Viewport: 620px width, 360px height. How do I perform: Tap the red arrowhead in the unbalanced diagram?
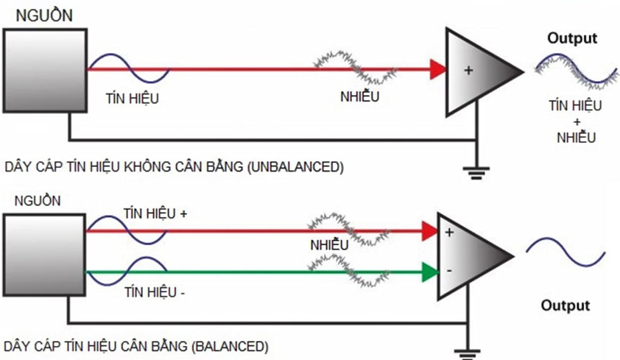[x=437, y=71]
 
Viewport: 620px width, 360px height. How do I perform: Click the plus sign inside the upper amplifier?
[x=468, y=71]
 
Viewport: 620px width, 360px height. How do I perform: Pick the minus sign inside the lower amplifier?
[x=448, y=272]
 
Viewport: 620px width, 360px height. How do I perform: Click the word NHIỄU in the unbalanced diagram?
[x=360, y=95]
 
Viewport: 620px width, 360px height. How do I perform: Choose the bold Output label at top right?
[x=572, y=38]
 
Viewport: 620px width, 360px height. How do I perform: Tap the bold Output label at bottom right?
[x=566, y=306]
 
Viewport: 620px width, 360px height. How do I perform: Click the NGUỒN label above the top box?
[x=43, y=15]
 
